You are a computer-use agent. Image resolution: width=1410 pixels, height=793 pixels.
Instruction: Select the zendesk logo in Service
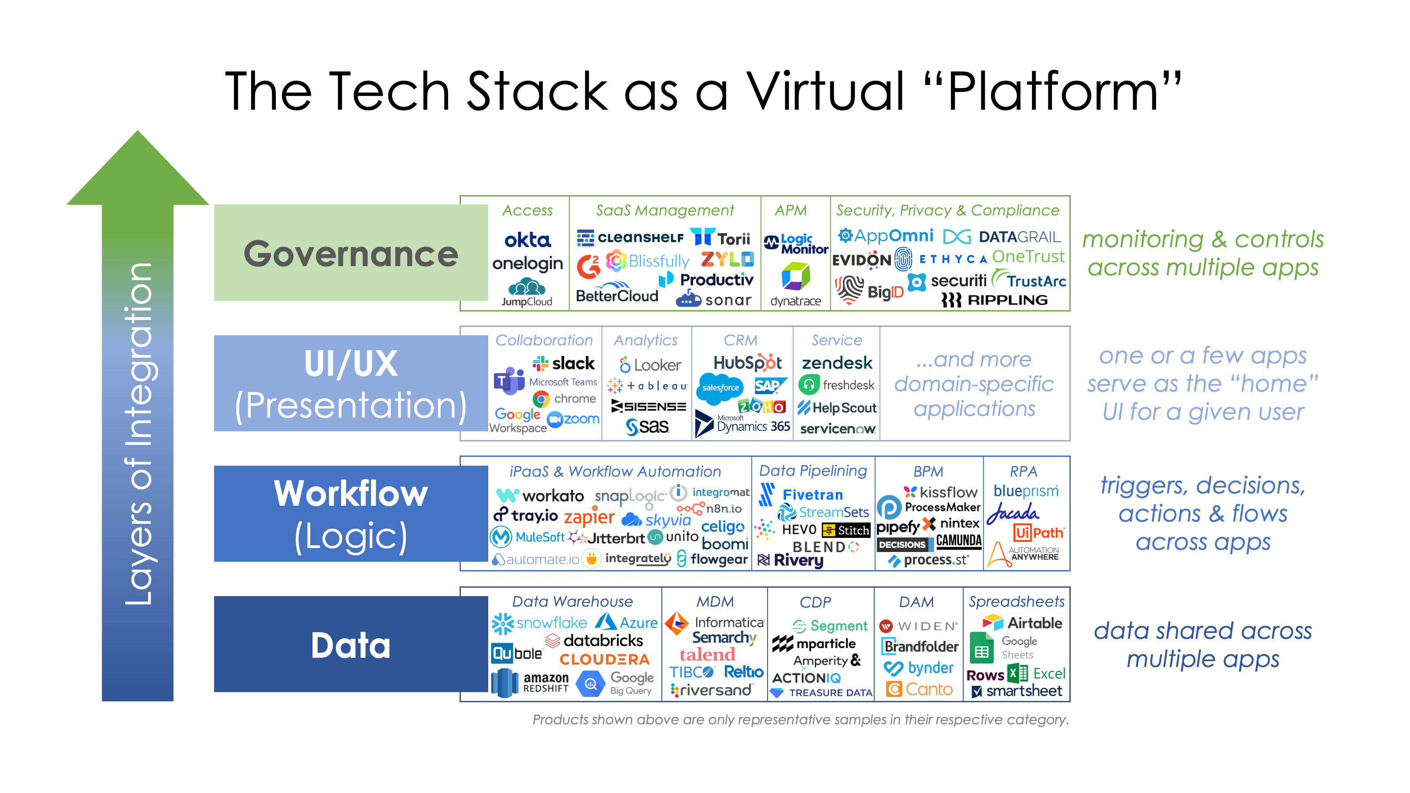click(837, 363)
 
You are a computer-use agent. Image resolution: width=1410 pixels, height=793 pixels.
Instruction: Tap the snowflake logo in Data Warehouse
click(539, 623)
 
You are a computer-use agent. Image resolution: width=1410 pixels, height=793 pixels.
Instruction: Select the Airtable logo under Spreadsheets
click(1022, 623)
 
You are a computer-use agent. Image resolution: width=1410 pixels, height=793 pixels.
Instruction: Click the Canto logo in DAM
click(920, 689)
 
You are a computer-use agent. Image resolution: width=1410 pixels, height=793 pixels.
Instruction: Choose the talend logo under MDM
click(707, 655)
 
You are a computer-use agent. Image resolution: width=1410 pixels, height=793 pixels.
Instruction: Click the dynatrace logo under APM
click(795, 285)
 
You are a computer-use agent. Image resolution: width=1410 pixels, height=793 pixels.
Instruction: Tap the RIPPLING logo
click(994, 300)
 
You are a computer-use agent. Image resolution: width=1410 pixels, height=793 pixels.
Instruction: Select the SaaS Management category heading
click(664, 211)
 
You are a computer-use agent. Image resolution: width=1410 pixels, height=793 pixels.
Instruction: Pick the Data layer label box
click(350, 644)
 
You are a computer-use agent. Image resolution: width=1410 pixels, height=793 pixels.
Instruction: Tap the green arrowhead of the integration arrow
click(137, 167)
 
